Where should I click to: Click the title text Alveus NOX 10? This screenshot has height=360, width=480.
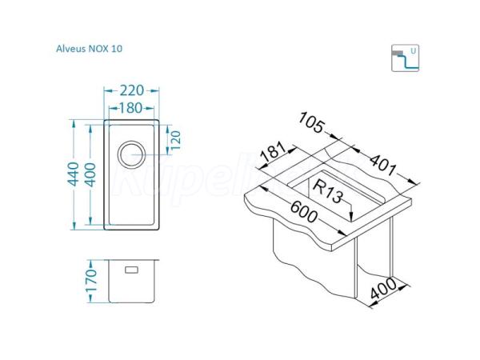pyautogui.click(x=89, y=49)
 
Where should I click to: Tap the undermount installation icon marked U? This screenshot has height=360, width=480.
pyautogui.click(x=405, y=58)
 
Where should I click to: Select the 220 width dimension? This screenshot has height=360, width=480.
pyautogui.click(x=132, y=90)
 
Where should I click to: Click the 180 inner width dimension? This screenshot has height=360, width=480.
pyautogui.click(x=130, y=108)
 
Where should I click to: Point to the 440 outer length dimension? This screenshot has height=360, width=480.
pyautogui.click(x=74, y=174)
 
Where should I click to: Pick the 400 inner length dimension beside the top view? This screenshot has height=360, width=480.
pyautogui.click(x=90, y=174)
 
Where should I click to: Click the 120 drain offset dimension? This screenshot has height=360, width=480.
pyautogui.click(x=176, y=140)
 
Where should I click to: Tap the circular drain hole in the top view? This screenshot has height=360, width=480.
pyautogui.click(x=132, y=154)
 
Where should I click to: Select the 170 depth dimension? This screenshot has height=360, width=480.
pyautogui.click(x=91, y=281)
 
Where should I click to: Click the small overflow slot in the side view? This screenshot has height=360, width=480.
pyautogui.click(x=132, y=270)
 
